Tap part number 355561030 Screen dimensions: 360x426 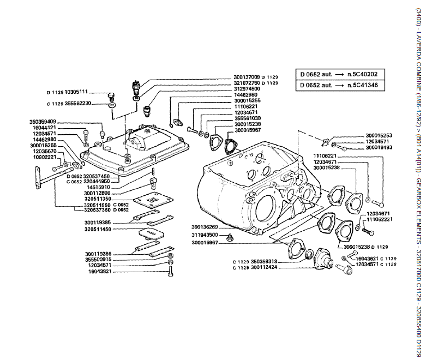point(247,118)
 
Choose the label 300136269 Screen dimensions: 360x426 point(205,227)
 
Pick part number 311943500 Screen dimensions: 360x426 point(205,235)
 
